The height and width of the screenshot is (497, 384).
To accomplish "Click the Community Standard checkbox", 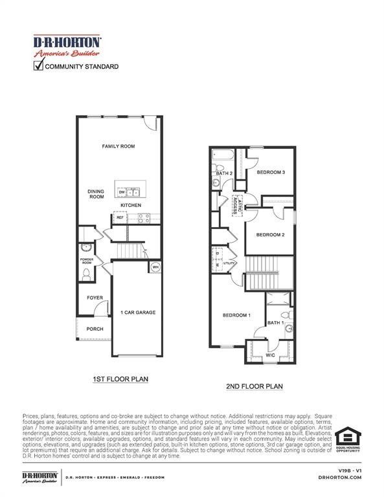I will click(x=39, y=65).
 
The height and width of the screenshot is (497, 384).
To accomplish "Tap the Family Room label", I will click(x=118, y=146).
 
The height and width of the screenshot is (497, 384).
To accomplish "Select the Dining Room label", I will click(x=96, y=193).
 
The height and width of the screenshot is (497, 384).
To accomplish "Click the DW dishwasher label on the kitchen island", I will click(x=122, y=192).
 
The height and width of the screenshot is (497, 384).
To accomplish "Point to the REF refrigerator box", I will click(x=120, y=218).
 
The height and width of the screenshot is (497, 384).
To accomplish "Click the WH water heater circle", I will click(x=155, y=267).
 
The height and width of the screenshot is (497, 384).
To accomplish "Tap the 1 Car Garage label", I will click(x=137, y=313).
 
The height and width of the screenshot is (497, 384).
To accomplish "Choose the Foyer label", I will click(x=95, y=298).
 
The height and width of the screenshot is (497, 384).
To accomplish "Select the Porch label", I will click(x=95, y=329).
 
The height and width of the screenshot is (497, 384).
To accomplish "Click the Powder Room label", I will click(x=87, y=261).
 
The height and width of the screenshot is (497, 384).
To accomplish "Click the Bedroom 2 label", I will click(x=270, y=234).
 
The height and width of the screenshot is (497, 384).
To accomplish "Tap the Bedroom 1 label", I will click(x=236, y=315).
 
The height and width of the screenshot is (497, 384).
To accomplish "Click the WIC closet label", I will click(x=270, y=355).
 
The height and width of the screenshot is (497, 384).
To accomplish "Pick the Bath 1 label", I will click(x=275, y=322).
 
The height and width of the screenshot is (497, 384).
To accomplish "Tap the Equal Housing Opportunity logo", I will click(x=347, y=438).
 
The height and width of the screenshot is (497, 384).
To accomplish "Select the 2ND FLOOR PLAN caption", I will click(x=254, y=386).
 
